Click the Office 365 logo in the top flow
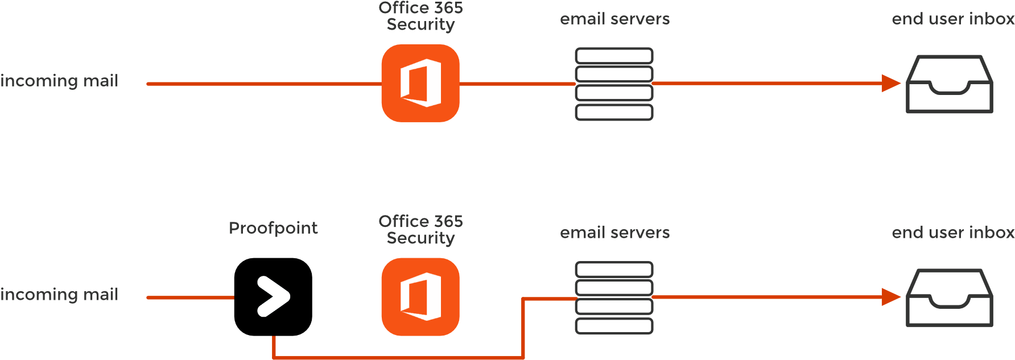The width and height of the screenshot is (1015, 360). coord(420,83)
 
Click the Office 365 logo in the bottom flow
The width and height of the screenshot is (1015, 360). coord(420,296)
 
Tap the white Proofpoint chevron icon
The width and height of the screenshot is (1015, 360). coord(273,296)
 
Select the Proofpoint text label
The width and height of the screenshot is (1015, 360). coord(273,228)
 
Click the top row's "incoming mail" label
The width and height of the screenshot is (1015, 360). coord(59,81)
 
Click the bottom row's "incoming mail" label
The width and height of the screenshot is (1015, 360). coord(59,295)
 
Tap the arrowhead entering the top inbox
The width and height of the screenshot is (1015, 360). coord(890,83)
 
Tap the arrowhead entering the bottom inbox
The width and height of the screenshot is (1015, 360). coord(890,297)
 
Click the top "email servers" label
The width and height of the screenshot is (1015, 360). coord(614,19)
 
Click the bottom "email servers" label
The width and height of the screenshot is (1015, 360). coord(614,233)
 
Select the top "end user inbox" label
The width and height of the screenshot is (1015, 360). coord(952,19)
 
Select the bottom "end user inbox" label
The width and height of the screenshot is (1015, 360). coord(952,233)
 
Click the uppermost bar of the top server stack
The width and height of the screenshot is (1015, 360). coord(614,56)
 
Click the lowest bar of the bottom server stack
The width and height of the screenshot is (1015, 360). coord(614,326)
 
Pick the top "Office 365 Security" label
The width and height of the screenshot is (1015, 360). coord(420,16)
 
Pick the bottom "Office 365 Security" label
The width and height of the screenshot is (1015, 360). coord(420,229)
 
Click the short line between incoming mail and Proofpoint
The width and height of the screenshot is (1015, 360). coord(190,297)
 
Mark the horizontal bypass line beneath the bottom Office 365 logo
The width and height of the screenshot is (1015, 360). coord(398,358)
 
